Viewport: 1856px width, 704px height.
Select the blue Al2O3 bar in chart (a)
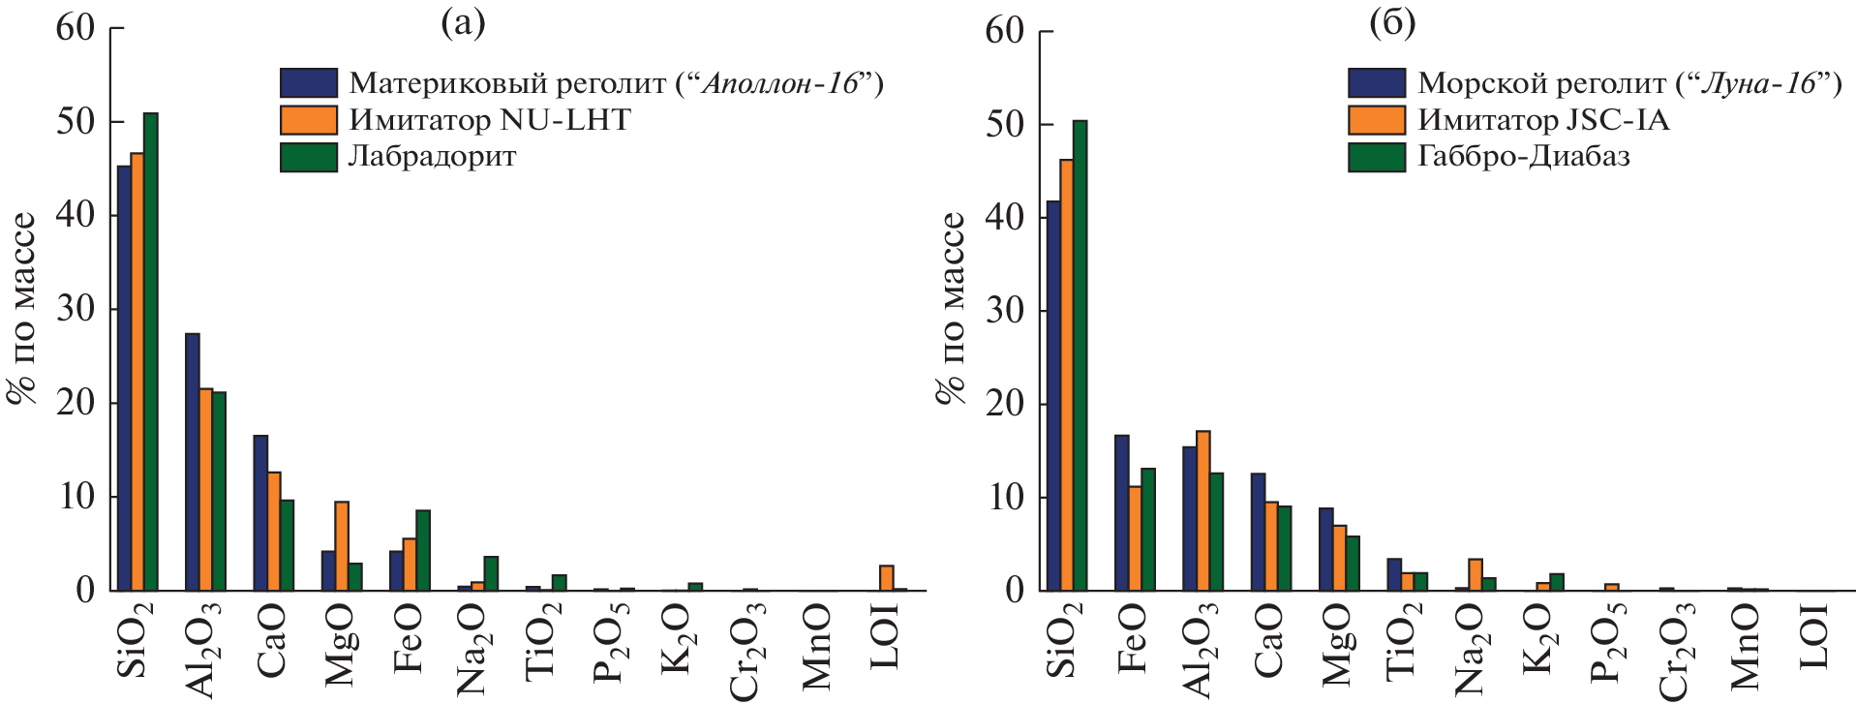coord(193,462)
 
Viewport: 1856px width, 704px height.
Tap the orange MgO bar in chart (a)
coord(342,546)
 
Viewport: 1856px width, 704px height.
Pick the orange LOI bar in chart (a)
coord(887,578)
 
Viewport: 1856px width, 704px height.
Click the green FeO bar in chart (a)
coord(423,550)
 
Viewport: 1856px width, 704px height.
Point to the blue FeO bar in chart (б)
coord(1121,513)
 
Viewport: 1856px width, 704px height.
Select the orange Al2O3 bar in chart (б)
coord(1202,510)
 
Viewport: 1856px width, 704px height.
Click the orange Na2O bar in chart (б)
coord(1475,574)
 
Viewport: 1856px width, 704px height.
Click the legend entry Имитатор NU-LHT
coord(490,120)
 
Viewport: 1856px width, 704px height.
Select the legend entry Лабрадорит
coord(432,157)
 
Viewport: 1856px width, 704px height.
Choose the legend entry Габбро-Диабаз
coord(1523,157)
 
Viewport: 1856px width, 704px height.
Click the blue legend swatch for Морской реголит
coord(1376,83)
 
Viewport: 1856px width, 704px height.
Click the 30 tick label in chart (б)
coord(1005,311)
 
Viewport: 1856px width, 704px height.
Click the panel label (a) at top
coord(463,22)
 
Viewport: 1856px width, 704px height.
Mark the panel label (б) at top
coord(1392,22)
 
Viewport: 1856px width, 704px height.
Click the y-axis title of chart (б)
coord(952,308)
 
